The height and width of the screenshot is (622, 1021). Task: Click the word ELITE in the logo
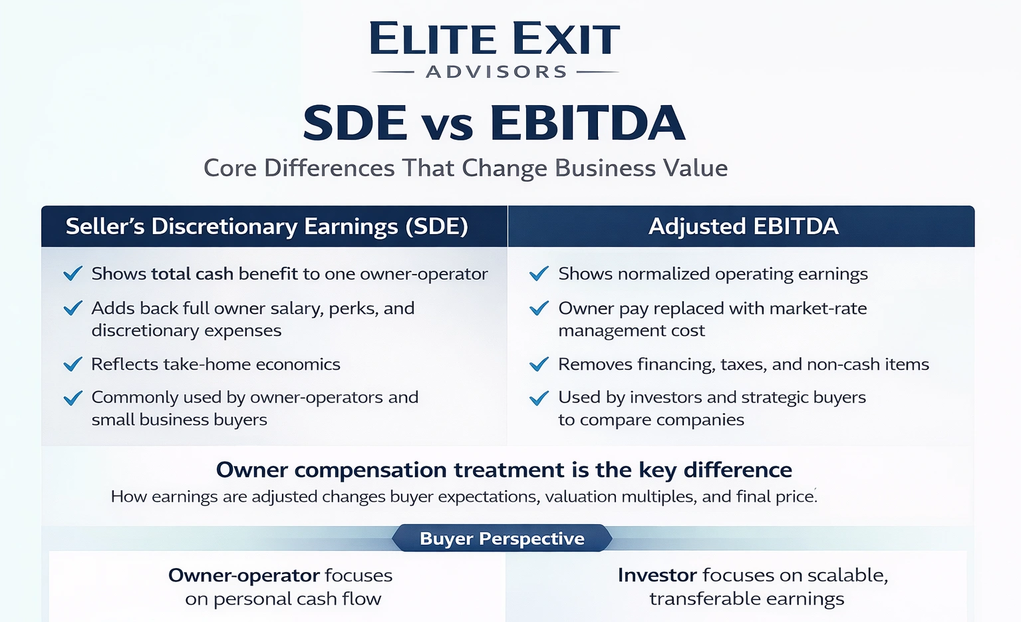[x=432, y=39]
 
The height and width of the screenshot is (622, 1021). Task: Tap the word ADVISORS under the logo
[x=496, y=72]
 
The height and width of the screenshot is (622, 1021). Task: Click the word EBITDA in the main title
[x=587, y=124]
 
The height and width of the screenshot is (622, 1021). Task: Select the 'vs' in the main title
[x=448, y=125]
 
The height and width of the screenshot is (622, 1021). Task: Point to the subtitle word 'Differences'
[x=329, y=168]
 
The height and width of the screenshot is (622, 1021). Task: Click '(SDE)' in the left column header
[x=437, y=227]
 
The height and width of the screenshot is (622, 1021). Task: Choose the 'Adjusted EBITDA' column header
[x=743, y=227]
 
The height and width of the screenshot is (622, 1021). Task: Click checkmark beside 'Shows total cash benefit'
[x=73, y=274]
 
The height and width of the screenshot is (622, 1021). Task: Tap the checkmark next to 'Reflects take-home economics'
[x=73, y=365]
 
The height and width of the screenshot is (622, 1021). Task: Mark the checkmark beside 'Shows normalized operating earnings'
[x=539, y=274]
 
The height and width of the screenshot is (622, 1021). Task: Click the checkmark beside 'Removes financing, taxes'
[x=539, y=365]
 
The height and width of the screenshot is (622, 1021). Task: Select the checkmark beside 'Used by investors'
[x=539, y=398]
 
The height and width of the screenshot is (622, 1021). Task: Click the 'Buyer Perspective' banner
[x=502, y=538]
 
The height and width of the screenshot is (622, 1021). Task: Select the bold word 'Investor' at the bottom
[x=656, y=575]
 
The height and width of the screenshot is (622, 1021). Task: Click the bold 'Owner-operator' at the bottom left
[x=243, y=575]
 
